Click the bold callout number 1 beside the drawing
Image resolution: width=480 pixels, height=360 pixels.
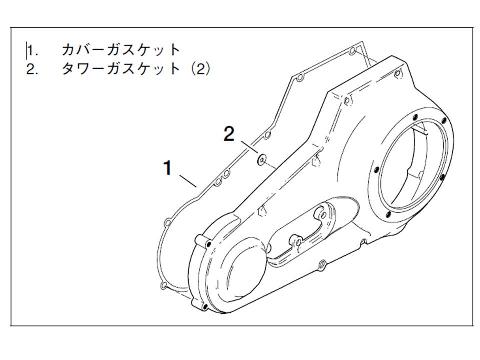(x=168, y=168)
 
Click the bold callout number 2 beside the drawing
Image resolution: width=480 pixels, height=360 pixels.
(x=229, y=135)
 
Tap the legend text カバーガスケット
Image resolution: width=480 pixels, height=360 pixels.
(x=121, y=50)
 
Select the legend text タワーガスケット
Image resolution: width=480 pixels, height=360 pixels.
(x=121, y=69)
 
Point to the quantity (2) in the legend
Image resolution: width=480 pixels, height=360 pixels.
(x=200, y=69)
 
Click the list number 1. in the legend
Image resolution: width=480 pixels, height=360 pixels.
(x=33, y=51)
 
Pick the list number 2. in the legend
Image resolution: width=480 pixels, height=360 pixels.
(x=33, y=69)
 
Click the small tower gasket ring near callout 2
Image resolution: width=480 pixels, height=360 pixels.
(x=261, y=159)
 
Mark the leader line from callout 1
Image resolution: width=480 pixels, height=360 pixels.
(x=187, y=180)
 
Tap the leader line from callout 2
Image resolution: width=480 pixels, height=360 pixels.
(x=248, y=148)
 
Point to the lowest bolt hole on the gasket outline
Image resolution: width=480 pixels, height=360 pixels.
(x=163, y=285)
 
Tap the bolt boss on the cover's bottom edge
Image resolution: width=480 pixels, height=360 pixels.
(x=322, y=264)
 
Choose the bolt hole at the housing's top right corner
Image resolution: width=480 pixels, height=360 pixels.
(x=397, y=74)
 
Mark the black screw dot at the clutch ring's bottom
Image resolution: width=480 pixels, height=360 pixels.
(x=388, y=214)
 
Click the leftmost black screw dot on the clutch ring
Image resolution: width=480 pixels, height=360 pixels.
(x=376, y=170)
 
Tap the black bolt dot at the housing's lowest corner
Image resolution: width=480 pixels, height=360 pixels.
(x=205, y=306)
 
